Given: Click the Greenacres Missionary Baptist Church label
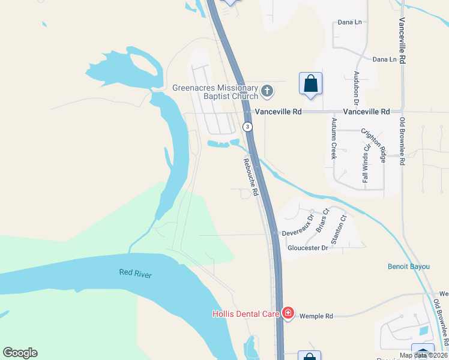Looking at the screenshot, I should [x=215, y=92].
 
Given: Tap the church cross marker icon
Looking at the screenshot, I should [x=267, y=92].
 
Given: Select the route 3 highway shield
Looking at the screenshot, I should [x=247, y=127].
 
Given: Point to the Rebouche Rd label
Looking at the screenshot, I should [x=250, y=177].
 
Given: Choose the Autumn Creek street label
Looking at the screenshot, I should [x=334, y=137].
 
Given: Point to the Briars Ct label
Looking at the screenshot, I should [x=322, y=220].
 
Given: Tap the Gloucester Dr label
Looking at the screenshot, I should [x=308, y=248].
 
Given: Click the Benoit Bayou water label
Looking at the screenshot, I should [x=409, y=266].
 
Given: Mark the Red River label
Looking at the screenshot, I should [x=136, y=274].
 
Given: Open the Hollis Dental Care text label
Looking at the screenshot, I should [x=246, y=314].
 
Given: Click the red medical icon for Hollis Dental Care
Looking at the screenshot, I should [x=288, y=313].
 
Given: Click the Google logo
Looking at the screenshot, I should [x=20, y=353].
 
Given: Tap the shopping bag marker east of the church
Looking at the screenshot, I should [x=310, y=83].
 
